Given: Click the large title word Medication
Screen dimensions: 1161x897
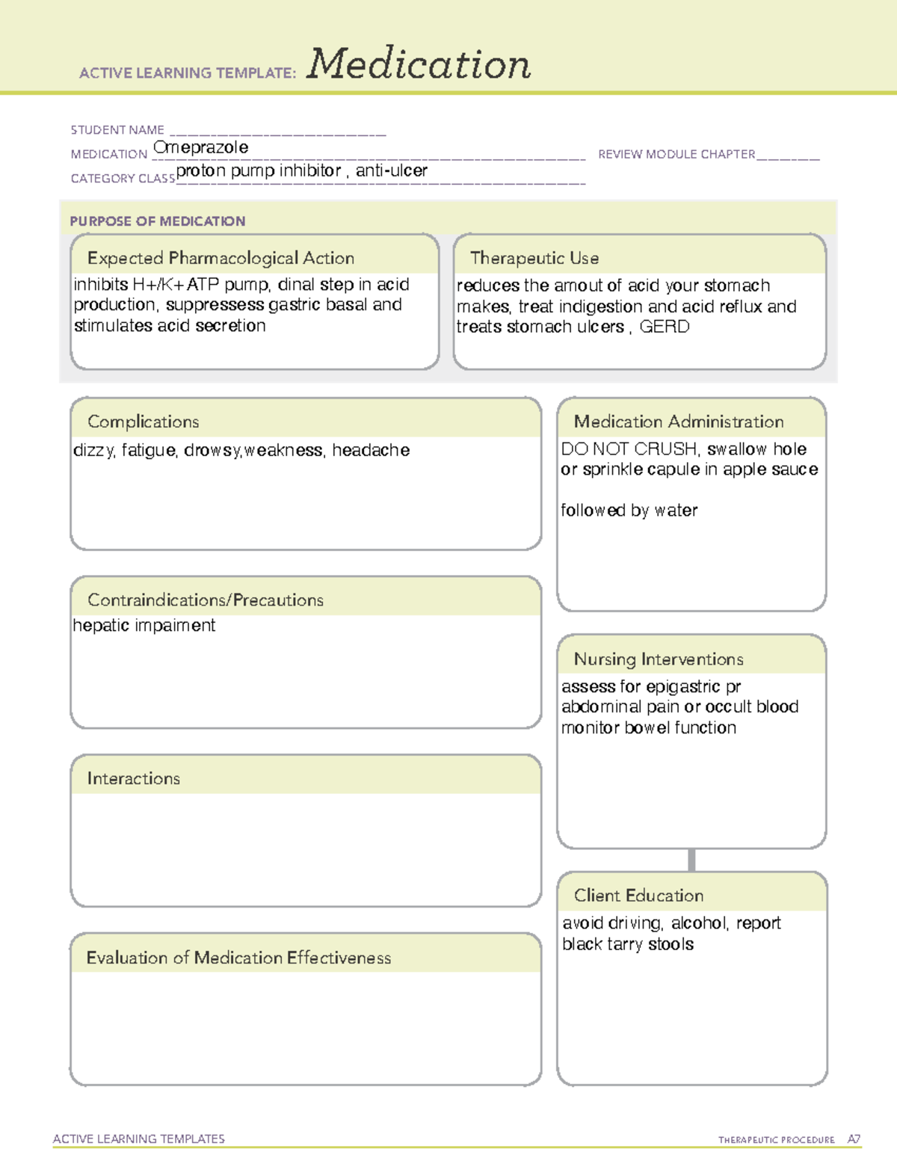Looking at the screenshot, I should click(x=419, y=64).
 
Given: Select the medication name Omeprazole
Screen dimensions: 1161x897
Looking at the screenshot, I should click(x=200, y=147).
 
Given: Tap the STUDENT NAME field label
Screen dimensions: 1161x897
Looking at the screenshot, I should click(x=117, y=130).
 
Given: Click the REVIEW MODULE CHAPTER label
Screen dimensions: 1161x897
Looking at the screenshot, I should click(x=676, y=154).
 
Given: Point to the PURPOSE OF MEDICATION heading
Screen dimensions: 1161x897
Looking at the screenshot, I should click(x=158, y=221).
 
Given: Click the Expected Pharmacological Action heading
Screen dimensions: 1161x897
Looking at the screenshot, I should click(x=221, y=258).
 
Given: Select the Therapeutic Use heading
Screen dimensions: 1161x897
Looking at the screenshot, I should click(x=534, y=258).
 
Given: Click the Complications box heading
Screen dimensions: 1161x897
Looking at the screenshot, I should click(x=144, y=422).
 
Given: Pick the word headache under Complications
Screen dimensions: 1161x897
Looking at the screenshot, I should click(x=371, y=450).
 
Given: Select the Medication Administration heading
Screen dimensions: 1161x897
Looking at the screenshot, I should click(x=679, y=422).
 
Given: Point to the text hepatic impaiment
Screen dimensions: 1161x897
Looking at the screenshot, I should click(x=144, y=625).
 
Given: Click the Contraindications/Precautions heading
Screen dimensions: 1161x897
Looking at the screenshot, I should click(x=206, y=600).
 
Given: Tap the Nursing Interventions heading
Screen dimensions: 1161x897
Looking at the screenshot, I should click(x=659, y=659).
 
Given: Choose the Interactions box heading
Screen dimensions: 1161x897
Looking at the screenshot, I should click(x=134, y=778).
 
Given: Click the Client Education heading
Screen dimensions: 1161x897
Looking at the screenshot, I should click(x=638, y=895).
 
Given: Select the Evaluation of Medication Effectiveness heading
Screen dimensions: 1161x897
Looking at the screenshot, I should click(x=238, y=958).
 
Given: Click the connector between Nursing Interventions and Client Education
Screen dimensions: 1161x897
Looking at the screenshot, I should click(x=691, y=860).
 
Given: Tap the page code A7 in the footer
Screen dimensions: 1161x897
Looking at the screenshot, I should click(x=854, y=1139).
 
